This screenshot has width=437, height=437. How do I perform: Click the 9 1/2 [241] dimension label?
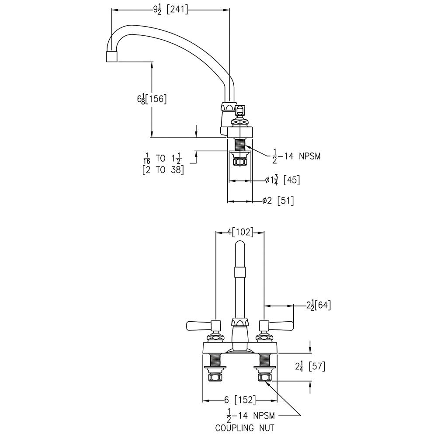coord(171,10)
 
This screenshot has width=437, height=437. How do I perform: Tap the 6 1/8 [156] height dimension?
coord(152,99)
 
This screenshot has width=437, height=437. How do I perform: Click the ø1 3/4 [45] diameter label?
coord(282,180)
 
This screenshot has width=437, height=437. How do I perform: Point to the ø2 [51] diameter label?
coord(278,201)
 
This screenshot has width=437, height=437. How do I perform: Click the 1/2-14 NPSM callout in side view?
coord(296,155)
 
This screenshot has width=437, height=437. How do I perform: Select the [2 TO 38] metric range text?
coord(163,170)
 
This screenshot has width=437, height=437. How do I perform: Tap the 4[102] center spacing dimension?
coord(240,232)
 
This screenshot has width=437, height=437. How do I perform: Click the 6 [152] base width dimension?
coord(240,400)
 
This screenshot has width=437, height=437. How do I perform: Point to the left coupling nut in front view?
coord(215,377)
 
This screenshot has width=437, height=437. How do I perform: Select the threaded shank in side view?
coord(240,144)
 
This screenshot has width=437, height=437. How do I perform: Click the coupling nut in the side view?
coord(240,162)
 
